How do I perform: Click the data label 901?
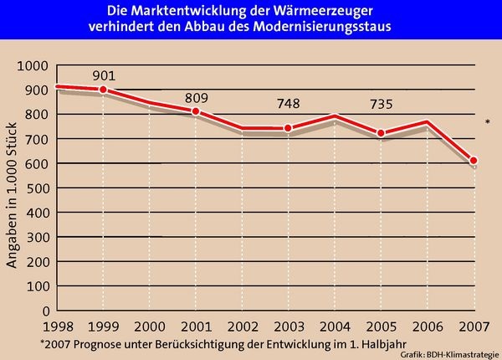pyautogui.click(x=105, y=75)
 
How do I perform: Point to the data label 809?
pyautogui.click(x=197, y=98)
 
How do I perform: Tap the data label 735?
pyautogui.click(x=382, y=105)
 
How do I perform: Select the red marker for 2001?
pyautogui.click(x=197, y=111)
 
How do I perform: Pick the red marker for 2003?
pyautogui.click(x=289, y=128)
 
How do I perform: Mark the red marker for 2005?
pyautogui.click(x=382, y=133)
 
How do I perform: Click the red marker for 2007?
pyautogui.click(x=474, y=161)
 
